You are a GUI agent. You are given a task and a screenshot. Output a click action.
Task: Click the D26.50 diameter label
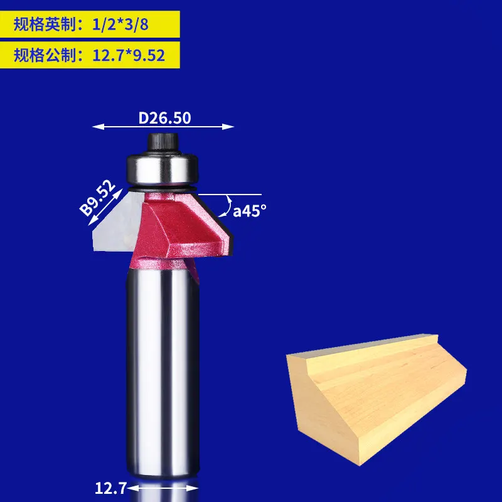[x=164, y=117]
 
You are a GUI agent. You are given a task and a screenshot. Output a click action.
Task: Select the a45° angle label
[x=250, y=211]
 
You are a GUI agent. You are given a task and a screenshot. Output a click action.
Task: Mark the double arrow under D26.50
[x=163, y=127]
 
